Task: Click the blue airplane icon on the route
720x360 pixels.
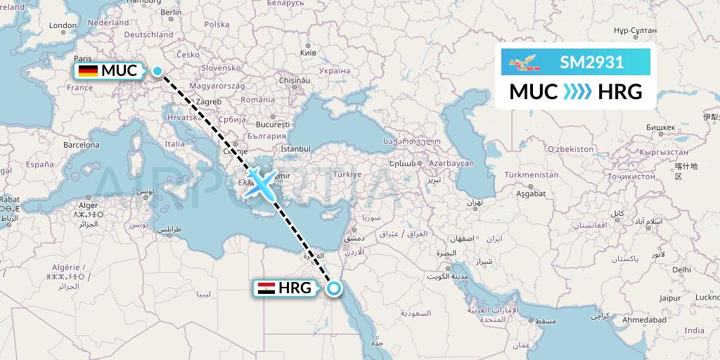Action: [x=259, y=184]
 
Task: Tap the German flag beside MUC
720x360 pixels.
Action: [x=88, y=70]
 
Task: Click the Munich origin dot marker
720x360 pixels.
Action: [x=157, y=70]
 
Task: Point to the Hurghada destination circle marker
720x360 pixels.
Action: [x=335, y=288]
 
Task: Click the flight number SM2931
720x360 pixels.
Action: [x=591, y=63]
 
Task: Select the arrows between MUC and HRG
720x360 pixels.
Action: [x=577, y=92]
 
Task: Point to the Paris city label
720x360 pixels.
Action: [x=84, y=59]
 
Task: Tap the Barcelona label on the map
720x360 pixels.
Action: [x=81, y=145]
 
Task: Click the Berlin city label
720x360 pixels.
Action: [x=171, y=12]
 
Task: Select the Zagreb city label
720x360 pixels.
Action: [x=208, y=101]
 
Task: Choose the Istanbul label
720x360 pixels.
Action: [x=295, y=149]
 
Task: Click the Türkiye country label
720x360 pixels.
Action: [x=347, y=174]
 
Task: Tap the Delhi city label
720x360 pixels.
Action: [x=681, y=269]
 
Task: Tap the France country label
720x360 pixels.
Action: [x=79, y=88]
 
